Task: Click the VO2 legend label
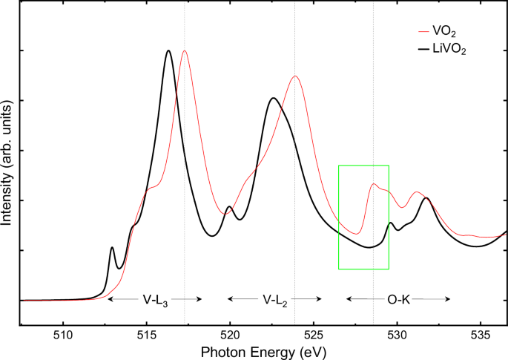tap(446, 32)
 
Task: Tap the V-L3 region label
tap(155, 299)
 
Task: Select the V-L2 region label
tap(275, 299)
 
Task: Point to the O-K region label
tap(398, 299)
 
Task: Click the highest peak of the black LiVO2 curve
tap(168, 50)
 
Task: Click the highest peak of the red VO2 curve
tap(184, 50)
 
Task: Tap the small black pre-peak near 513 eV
tap(112, 247)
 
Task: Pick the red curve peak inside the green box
tap(374, 184)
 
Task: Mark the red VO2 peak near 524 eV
tap(295, 76)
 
